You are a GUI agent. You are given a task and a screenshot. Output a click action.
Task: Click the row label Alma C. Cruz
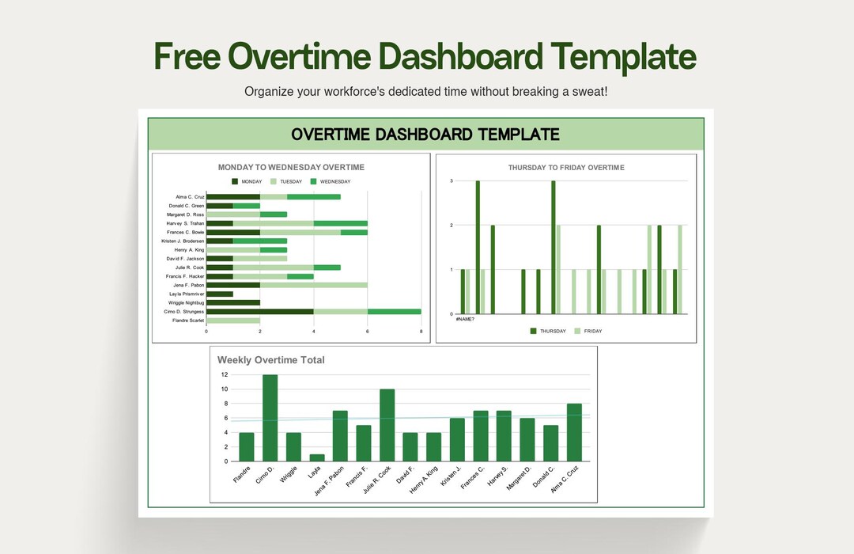tap(190, 196)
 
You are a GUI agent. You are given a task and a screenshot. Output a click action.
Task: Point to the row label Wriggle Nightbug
tap(186, 302)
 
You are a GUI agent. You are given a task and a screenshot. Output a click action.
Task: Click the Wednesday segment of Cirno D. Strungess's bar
tap(394, 312)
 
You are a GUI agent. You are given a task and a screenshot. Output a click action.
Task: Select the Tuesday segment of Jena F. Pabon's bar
tap(313, 285)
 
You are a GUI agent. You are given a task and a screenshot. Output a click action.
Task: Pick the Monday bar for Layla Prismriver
tap(220, 294)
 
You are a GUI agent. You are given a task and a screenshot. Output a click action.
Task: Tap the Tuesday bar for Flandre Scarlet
tap(233, 321)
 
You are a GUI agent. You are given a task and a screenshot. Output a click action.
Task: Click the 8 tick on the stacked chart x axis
tap(421, 331)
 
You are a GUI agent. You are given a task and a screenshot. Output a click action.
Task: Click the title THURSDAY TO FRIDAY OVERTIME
tap(565, 168)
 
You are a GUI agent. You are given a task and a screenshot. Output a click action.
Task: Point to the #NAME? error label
tap(465, 319)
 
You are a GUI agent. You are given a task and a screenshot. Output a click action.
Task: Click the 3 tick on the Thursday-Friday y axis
tap(451, 181)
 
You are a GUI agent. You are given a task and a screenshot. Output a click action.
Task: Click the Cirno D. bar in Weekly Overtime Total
tap(270, 418)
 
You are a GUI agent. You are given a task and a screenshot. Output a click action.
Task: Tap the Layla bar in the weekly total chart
tap(317, 457)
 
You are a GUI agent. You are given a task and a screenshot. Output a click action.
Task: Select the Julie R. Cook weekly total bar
tap(387, 425)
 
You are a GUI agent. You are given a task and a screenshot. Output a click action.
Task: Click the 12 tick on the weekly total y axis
tap(224, 374)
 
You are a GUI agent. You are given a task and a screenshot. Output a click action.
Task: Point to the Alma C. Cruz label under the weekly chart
tap(567, 480)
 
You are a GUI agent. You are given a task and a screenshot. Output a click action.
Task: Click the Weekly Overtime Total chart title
tap(270, 360)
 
